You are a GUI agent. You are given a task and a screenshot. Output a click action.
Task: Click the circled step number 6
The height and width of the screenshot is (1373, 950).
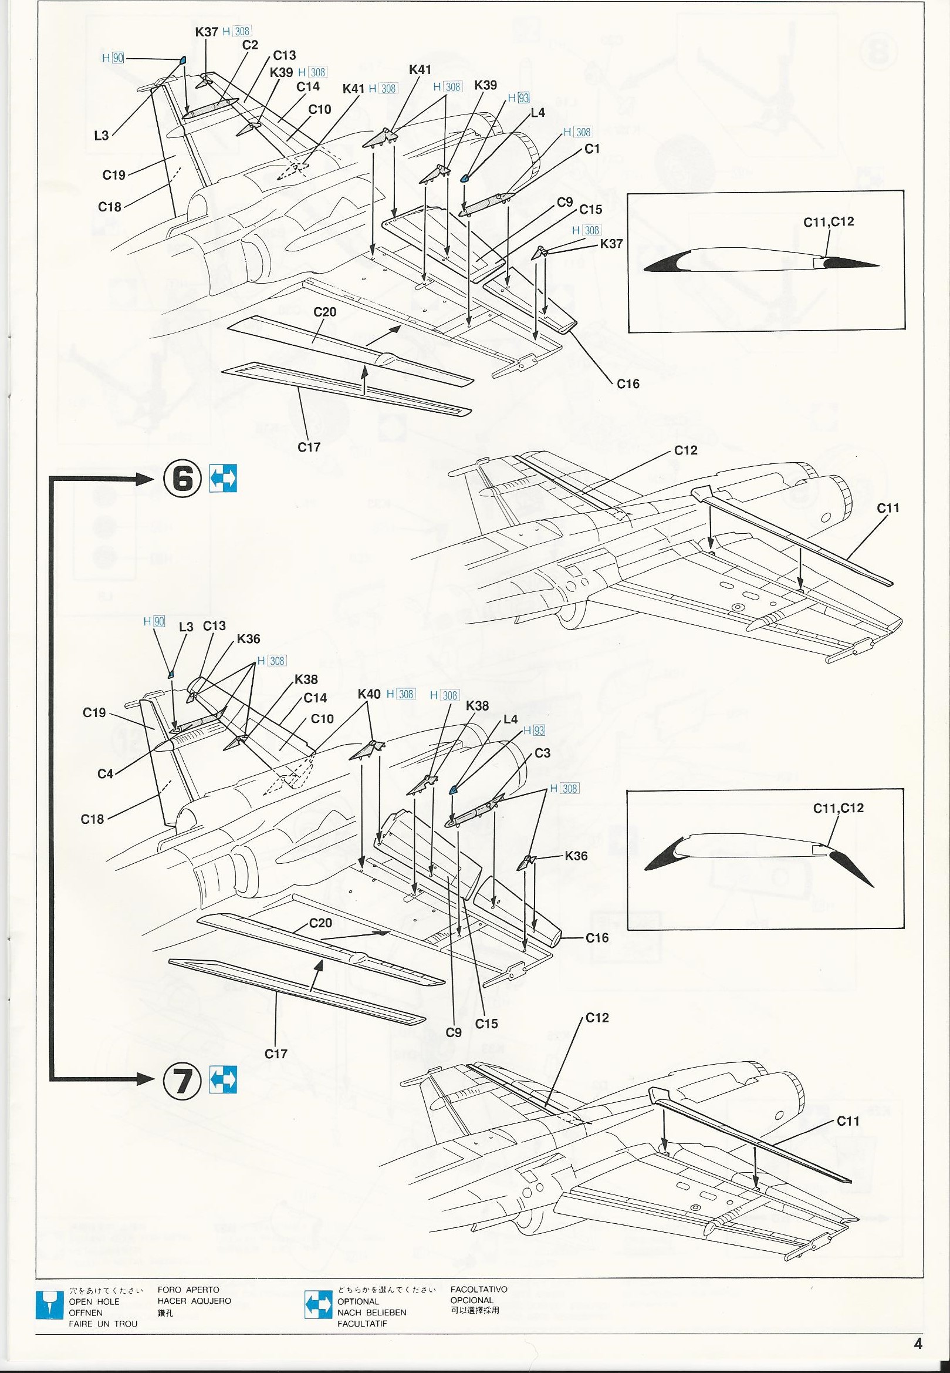[x=182, y=478]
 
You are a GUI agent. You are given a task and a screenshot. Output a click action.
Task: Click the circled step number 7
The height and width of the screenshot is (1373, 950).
[x=182, y=1078]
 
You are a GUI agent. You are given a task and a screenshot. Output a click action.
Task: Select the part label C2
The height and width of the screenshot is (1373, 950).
[x=250, y=45]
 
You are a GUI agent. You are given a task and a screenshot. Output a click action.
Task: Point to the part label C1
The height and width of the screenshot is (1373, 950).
[x=592, y=149]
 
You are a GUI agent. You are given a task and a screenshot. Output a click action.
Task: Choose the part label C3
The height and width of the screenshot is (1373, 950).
[x=542, y=753]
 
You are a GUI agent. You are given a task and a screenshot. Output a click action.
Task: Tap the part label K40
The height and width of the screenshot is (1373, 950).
[x=369, y=694]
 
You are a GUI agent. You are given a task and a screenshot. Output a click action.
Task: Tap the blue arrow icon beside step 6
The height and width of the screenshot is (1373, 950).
[x=223, y=478]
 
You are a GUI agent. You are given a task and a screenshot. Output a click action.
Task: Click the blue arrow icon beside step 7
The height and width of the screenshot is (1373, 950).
[x=223, y=1078]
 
